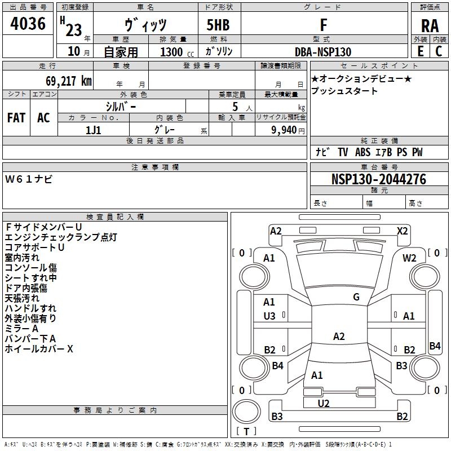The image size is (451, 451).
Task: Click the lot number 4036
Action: pos(28,24)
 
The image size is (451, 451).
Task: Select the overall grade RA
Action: pos(430,26)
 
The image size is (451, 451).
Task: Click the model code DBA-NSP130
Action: pos(323,52)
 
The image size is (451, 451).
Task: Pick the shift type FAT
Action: pos(16,118)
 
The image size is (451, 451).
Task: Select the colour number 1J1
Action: pos(94,130)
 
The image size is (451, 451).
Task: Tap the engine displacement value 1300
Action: pos(171,52)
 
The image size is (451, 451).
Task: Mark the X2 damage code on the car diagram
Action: pos(403,231)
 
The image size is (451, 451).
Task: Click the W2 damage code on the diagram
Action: pos(409,258)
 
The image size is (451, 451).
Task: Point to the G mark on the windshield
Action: pos(356,297)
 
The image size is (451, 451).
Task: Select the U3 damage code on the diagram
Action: pos(269,316)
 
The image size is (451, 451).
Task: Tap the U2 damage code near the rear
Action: pos(324,403)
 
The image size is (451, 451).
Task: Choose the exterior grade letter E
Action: pos(420,52)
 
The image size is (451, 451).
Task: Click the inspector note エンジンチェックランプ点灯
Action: pos(61,237)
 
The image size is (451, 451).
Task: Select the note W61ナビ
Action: pos(29,179)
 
